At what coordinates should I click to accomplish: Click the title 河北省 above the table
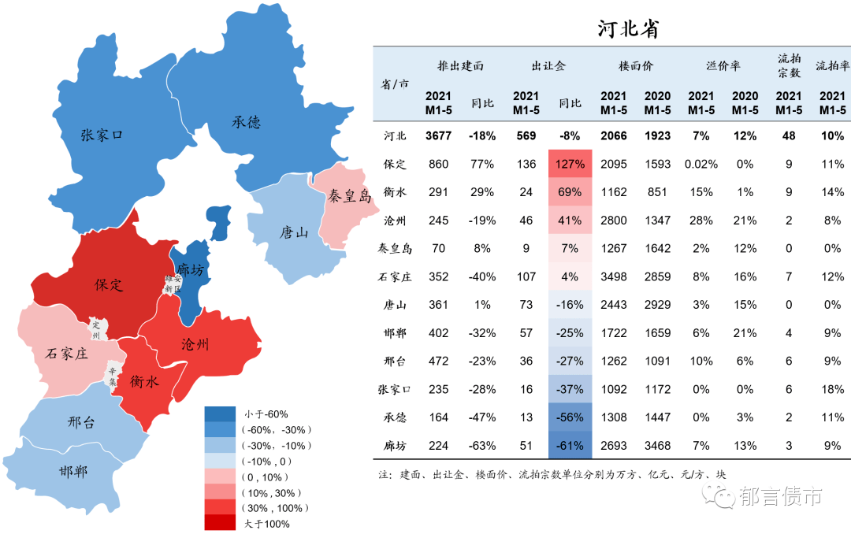[x=627, y=29]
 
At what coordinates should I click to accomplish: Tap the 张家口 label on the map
[x=102, y=135]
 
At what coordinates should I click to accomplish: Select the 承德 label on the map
[x=246, y=122]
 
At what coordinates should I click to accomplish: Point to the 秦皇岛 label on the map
[x=349, y=196]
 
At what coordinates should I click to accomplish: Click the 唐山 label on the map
[x=294, y=232]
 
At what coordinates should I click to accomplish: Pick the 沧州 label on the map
[x=195, y=344]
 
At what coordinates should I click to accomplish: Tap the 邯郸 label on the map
[x=73, y=473]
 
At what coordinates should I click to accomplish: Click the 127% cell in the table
[x=570, y=165]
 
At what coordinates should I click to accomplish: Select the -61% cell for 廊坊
[x=570, y=446]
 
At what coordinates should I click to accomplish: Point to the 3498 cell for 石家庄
[x=613, y=277]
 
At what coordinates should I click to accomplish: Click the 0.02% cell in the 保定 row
[x=701, y=165]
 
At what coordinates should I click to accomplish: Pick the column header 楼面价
[x=636, y=66]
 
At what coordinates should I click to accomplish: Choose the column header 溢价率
[x=723, y=66]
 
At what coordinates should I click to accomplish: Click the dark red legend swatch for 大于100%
[x=220, y=523]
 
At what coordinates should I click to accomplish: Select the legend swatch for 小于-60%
[x=220, y=413]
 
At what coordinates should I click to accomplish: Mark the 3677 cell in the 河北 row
[x=438, y=136]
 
